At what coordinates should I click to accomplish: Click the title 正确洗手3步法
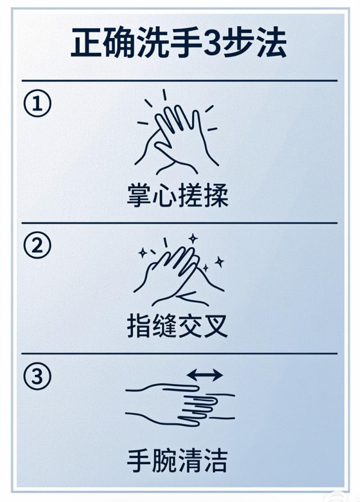[x=179, y=44]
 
